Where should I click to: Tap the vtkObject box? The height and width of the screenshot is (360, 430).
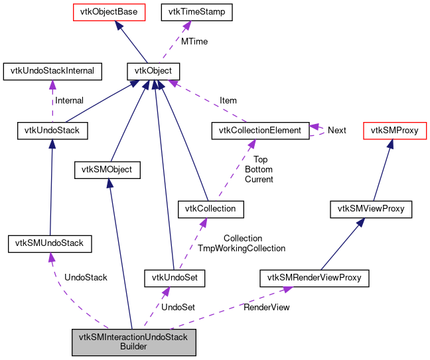click(153, 70)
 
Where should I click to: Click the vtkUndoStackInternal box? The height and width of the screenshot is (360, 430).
click(49, 70)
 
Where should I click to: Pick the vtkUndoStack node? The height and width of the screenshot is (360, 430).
click(49, 130)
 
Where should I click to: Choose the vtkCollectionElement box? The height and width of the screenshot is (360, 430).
click(260, 130)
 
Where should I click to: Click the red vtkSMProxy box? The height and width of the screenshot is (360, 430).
click(394, 130)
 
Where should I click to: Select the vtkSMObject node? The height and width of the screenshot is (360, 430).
click(108, 170)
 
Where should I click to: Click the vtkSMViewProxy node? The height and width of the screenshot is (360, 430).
click(371, 210)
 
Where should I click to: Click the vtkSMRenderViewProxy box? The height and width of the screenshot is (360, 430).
click(314, 277)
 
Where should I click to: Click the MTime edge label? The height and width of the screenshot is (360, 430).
click(194, 41)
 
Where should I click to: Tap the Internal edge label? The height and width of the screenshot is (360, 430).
click(69, 101)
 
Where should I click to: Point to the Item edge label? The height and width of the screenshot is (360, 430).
click(228, 101)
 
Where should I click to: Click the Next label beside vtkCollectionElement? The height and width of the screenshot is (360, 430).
click(336, 130)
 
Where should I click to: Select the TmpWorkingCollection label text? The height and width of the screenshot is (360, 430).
click(242, 248)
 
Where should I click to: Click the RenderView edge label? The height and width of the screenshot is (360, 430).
click(266, 307)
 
